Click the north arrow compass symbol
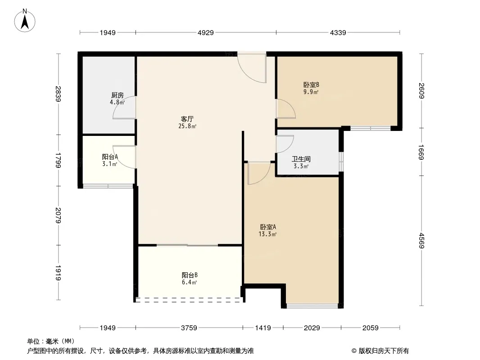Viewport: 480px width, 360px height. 25,21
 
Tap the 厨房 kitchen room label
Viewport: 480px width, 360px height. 118,95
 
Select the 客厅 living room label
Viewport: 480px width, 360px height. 187,119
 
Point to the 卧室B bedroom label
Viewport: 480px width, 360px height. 311,85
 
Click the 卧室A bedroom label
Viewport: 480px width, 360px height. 268,227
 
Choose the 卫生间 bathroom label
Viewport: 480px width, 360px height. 301,159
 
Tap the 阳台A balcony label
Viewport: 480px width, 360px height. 110,157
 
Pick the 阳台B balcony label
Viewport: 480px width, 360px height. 190,275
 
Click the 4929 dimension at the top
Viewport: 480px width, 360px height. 206,33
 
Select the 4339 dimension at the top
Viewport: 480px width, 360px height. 338,33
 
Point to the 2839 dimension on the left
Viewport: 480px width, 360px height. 58,94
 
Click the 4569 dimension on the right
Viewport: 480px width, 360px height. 422,241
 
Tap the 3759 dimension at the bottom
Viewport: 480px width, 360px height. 189,328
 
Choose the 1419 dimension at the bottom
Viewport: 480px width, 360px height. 263,328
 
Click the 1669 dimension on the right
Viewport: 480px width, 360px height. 422,152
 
